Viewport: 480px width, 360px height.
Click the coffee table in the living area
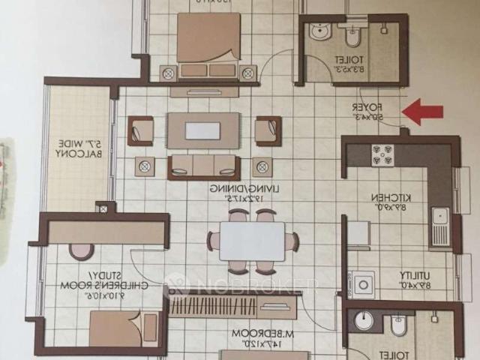(203, 130)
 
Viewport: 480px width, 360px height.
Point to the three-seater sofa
(203, 166)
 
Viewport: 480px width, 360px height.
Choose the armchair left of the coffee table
(140, 130)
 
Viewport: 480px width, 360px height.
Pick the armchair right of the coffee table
(267, 130)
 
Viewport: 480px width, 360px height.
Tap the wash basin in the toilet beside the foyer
(320, 32)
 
